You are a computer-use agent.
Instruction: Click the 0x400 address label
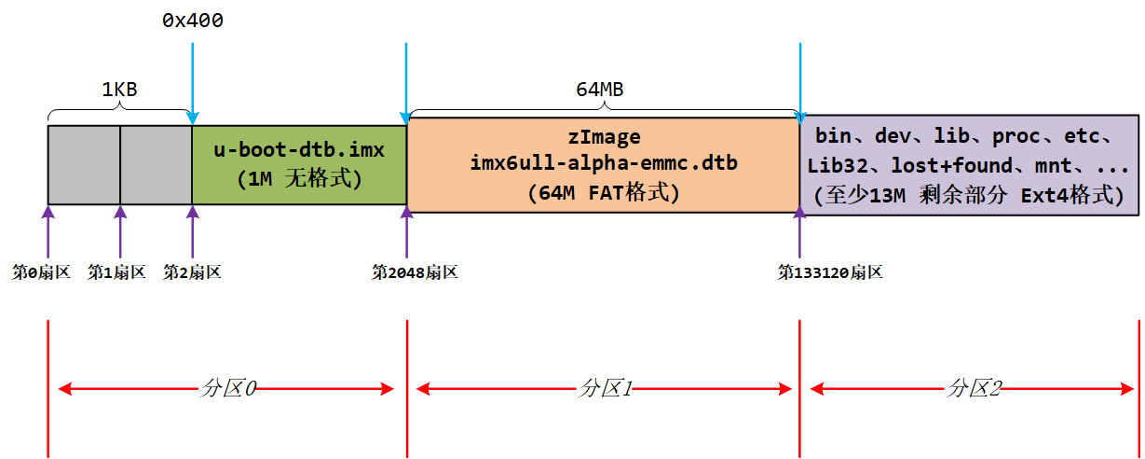(192, 21)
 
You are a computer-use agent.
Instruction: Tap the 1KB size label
(119, 90)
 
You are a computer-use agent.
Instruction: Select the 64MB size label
(599, 90)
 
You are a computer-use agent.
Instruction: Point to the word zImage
(604, 138)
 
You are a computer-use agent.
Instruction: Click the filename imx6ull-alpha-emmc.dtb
(604, 164)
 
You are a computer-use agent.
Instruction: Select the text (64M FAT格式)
(604, 193)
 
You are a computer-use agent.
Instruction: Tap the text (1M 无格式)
(298, 178)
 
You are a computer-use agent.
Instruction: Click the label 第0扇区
(40, 272)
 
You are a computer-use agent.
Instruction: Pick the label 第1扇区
(116, 272)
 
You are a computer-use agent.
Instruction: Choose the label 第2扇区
(192, 272)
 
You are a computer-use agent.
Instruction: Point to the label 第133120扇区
(830, 272)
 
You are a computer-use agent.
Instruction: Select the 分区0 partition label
(227, 389)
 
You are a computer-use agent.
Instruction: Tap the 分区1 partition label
(604, 389)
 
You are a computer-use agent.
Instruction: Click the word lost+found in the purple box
(941, 166)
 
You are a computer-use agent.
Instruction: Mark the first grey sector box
(84, 165)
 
